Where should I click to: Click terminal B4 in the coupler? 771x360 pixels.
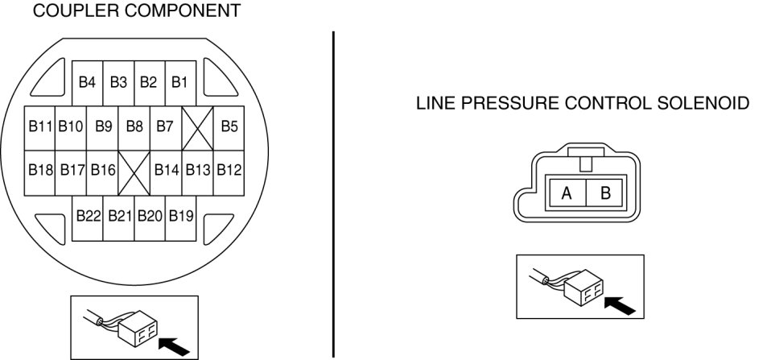tap(88, 82)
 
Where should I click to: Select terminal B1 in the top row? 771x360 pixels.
tap(180, 82)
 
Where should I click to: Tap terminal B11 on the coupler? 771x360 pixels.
tap(40, 126)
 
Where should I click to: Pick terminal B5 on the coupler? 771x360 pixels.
tap(229, 126)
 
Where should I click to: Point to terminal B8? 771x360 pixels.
tap(134, 126)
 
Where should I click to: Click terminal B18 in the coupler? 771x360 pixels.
tap(40, 170)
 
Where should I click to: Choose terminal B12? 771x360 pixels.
tap(229, 170)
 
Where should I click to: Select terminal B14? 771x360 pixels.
tap(166, 170)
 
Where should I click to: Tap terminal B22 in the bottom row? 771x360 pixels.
tap(88, 216)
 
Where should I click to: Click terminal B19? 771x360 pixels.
tap(181, 216)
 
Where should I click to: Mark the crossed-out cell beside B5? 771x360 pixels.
tap(197, 126)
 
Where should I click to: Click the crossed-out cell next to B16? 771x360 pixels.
tap(134, 170)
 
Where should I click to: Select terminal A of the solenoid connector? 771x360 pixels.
tap(567, 194)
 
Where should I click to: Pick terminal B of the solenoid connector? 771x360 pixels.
tap(606, 194)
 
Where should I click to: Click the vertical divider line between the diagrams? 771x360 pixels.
tap(332, 193)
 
